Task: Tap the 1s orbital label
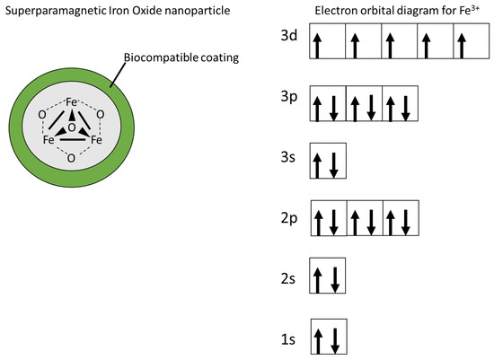[289, 338]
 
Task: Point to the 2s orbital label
[289, 277]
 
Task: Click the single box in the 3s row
[327, 162]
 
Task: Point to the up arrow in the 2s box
[318, 278]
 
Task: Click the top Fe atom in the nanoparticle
[72, 103]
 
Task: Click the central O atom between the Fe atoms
[72, 128]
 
